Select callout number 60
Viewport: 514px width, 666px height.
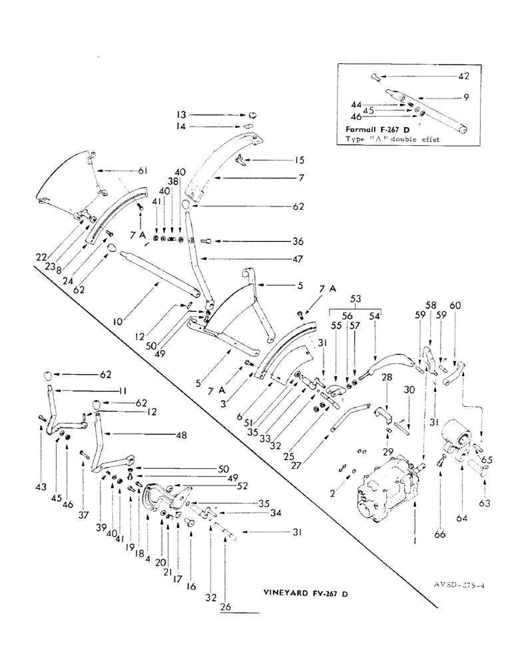tap(455, 307)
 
